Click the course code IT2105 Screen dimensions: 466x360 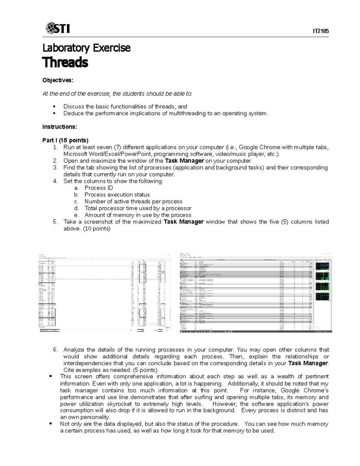pos(321,31)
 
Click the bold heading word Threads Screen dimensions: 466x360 pos(65,63)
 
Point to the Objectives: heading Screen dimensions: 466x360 pos(58,80)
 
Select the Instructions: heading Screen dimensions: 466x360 pos(60,127)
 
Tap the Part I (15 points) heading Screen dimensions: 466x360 pos(65,140)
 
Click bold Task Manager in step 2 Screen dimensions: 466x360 pos(184,161)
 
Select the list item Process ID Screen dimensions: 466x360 pos(99,188)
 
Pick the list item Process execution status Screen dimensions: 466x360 pos(117,195)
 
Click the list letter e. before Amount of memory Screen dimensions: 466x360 pos(77,215)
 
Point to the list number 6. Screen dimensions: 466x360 pos(55,350)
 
